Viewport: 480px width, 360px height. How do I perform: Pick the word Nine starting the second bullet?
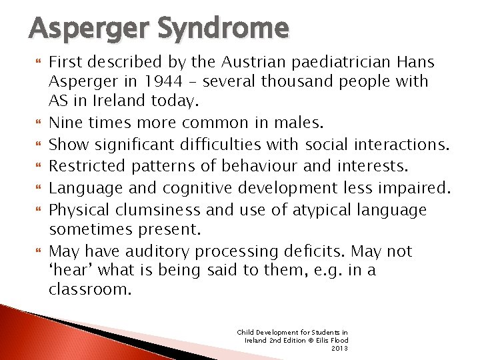[65, 122]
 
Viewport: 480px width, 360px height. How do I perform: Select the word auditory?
[158, 251]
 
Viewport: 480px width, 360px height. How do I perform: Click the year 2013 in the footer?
[339, 347]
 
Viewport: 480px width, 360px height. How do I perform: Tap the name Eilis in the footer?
[321, 340]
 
